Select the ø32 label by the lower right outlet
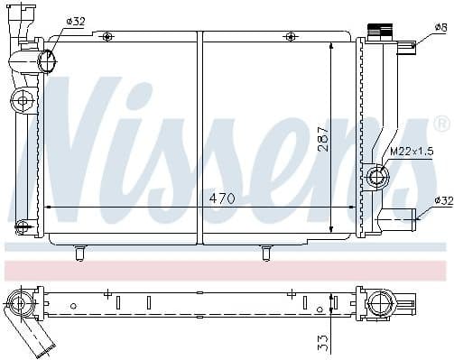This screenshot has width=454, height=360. [441, 200]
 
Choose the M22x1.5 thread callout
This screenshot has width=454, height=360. [412, 151]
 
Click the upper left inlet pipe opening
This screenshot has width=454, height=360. [48, 61]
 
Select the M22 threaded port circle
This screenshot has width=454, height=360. [378, 176]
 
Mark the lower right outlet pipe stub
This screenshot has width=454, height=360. [398, 216]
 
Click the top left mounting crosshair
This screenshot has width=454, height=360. [107, 35]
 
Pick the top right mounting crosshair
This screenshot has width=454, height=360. [289, 35]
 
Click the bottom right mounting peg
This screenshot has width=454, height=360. [266, 253]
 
